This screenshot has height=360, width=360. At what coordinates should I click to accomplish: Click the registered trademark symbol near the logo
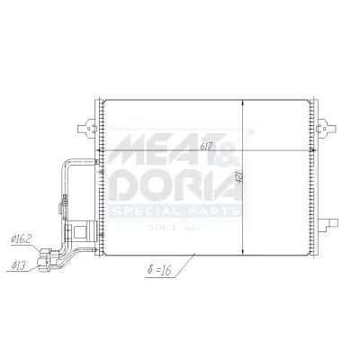[x=249, y=131]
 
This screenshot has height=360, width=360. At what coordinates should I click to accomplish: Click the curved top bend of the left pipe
[x=67, y=161]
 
